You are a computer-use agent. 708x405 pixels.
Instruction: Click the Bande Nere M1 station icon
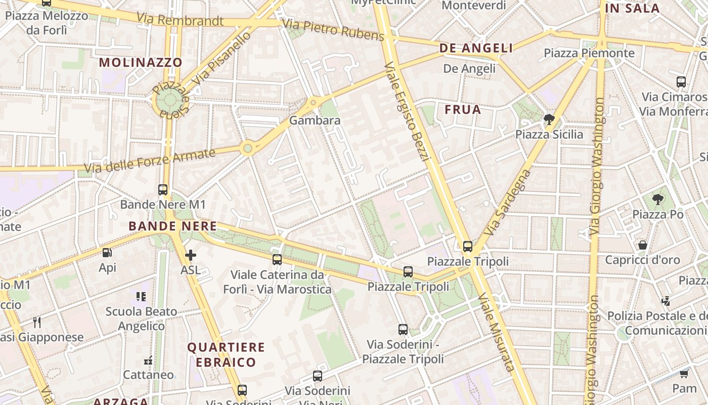point(163,190)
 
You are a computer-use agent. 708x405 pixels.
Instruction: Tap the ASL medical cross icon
point(191,256)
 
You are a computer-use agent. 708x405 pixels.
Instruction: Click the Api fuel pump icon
point(107,253)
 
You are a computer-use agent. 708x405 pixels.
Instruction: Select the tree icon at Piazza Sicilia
point(549,120)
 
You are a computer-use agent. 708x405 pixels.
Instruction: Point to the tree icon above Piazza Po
point(657,199)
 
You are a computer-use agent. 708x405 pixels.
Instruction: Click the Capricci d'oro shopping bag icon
point(642,245)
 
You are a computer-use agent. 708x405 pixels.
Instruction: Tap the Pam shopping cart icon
point(684,374)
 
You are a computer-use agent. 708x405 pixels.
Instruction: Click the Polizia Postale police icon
point(666,301)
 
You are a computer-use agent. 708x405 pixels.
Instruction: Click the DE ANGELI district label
point(476,48)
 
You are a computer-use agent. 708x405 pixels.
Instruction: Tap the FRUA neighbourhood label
point(463,110)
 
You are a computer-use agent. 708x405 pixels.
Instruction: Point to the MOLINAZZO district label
point(141,63)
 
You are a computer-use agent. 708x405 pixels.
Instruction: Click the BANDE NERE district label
point(172,226)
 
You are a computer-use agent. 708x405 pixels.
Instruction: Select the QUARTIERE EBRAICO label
point(226,354)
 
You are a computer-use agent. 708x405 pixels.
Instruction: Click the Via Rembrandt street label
point(180,20)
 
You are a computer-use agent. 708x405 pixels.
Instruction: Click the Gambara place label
point(315,120)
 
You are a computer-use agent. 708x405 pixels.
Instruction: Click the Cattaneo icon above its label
point(148,360)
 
